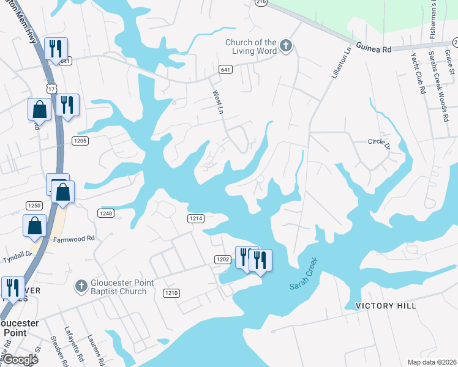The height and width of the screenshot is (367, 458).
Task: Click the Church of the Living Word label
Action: (251, 46)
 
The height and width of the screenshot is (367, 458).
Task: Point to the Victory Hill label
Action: (386, 305)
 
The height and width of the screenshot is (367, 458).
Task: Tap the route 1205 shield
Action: (81, 141)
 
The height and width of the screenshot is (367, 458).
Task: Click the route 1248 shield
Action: (105, 213)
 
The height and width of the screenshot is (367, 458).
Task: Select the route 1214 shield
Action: (195, 218)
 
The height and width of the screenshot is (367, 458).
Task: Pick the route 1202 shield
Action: (222, 260)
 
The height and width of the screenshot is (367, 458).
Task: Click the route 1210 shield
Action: (171, 294)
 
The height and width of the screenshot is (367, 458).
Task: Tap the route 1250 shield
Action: (33, 205)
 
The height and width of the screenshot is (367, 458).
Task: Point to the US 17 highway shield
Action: (54, 89)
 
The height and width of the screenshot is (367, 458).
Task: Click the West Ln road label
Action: (217, 103)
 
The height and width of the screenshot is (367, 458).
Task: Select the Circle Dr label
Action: (379, 141)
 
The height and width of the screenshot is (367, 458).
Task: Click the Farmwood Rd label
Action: (73, 238)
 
